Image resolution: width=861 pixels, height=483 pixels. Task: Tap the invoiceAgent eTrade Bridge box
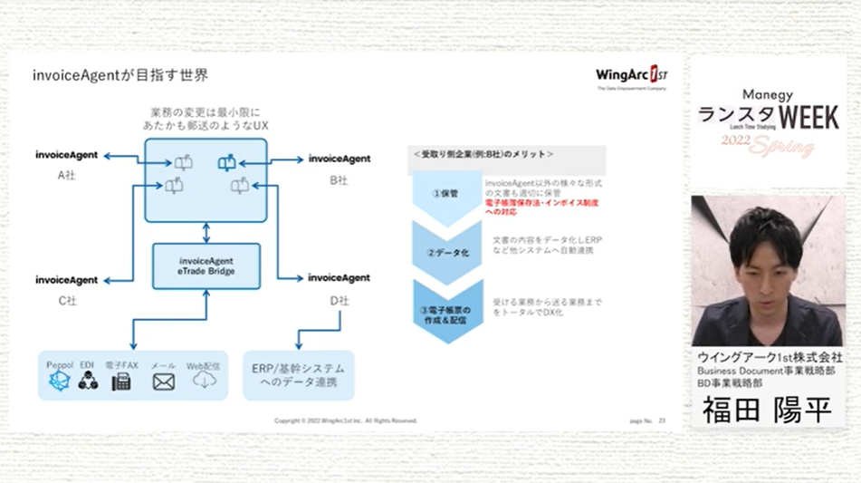[206, 266]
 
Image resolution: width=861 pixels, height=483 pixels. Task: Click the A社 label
[66, 175]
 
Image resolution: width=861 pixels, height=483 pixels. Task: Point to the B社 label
[339, 179]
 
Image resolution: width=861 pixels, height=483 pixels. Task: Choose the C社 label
[66, 300]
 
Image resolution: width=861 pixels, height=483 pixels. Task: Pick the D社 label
[339, 300]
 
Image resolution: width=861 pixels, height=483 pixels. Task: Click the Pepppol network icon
[58, 381]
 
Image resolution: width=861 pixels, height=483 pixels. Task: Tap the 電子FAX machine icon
[120, 382]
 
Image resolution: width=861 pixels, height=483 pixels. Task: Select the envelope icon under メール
[163, 382]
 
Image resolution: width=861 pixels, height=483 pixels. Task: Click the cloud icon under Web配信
[204, 381]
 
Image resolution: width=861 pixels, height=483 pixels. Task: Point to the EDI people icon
[88, 382]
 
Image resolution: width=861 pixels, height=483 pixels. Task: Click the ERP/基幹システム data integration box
[298, 375]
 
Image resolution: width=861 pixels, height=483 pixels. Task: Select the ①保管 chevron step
[445, 193]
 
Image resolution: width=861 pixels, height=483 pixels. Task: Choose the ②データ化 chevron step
[445, 252]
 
